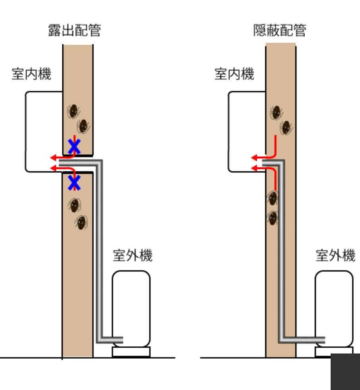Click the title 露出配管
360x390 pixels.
tap(74, 30)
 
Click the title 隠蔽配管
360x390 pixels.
tap(280, 30)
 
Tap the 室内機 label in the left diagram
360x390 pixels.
tap(31, 74)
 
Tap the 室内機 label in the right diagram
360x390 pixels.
tap(234, 74)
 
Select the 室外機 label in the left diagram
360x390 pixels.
tap(133, 256)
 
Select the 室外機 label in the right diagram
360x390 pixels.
tap(336, 256)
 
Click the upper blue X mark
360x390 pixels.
tap(74, 146)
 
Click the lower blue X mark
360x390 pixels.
tap(74, 183)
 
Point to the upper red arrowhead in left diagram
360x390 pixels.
tap(53, 158)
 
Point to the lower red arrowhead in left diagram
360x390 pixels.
tap(53, 168)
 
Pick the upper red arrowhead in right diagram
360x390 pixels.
tap(254, 158)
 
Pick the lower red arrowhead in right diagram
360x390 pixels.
tap(254, 168)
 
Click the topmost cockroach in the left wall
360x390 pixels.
tap(74, 111)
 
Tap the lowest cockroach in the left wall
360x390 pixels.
tap(81, 222)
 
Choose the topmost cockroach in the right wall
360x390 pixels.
tap(276, 112)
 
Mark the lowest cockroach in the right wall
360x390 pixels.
tap(273, 218)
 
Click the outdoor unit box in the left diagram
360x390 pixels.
tap(131, 308)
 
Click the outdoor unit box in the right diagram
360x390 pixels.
tap(334, 308)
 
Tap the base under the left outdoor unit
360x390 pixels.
tap(131, 352)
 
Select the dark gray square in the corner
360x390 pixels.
tap(345, 372)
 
